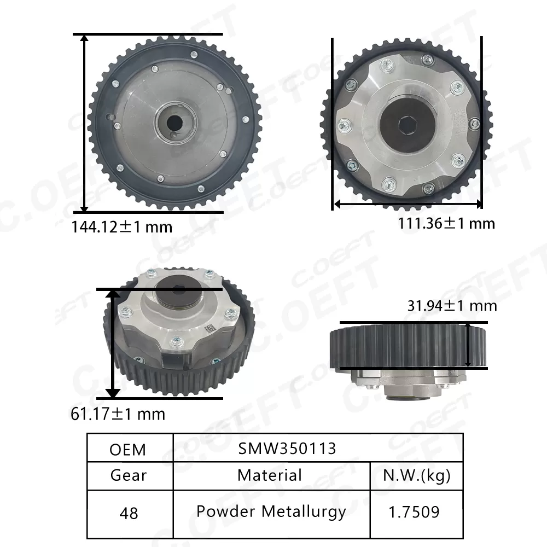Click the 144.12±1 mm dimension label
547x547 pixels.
pos(122,226)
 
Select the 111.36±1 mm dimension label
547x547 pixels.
pos(446,223)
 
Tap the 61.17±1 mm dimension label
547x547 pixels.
pos(118,414)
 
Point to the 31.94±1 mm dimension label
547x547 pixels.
pos(452,305)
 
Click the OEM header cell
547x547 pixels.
pos(128,450)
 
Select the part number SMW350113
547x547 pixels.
pos(287,449)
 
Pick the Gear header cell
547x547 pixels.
pos(128,475)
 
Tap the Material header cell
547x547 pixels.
pos(270,475)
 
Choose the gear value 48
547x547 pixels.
pos(128,513)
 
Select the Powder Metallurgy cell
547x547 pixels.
pos(271,512)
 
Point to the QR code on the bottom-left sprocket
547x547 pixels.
pos(208,329)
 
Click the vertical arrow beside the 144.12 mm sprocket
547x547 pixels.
pos(84,123)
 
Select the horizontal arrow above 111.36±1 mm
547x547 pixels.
pos(408,204)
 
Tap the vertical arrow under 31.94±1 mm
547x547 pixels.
pos(469,345)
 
